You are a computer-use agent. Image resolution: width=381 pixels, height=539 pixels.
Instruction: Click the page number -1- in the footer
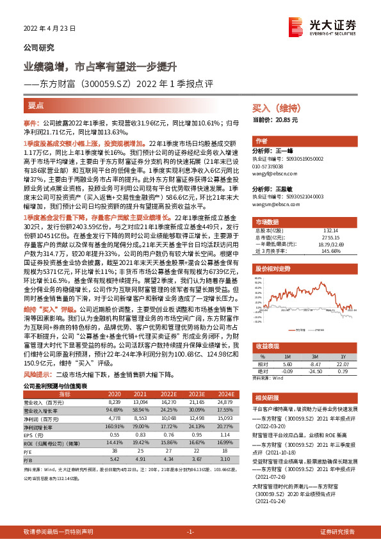(190, 532)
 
